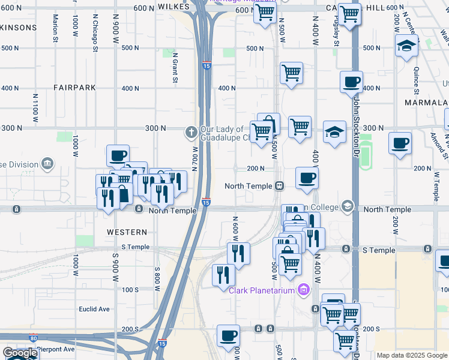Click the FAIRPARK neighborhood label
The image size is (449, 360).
pos(74,88)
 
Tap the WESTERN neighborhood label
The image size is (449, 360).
pos(127,232)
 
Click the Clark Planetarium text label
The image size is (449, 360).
pos(262,290)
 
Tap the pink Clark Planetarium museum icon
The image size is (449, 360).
pos(304,290)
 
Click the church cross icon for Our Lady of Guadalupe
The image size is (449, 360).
pos(191,130)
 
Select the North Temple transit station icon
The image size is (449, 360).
pos(280,186)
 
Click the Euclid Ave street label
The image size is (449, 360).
pos(95,309)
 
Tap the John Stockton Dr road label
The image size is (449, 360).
pos(355,121)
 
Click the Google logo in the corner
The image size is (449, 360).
pos(20,353)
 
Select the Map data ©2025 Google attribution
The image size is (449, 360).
pos(412,355)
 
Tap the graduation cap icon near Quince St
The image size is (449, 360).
pos(406,46)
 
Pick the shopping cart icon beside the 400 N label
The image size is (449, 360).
pos(291,73)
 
